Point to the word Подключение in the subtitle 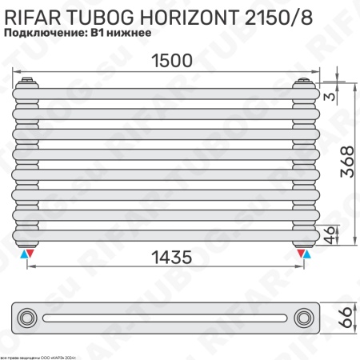tap(45, 33)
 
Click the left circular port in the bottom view tap(28, 318)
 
